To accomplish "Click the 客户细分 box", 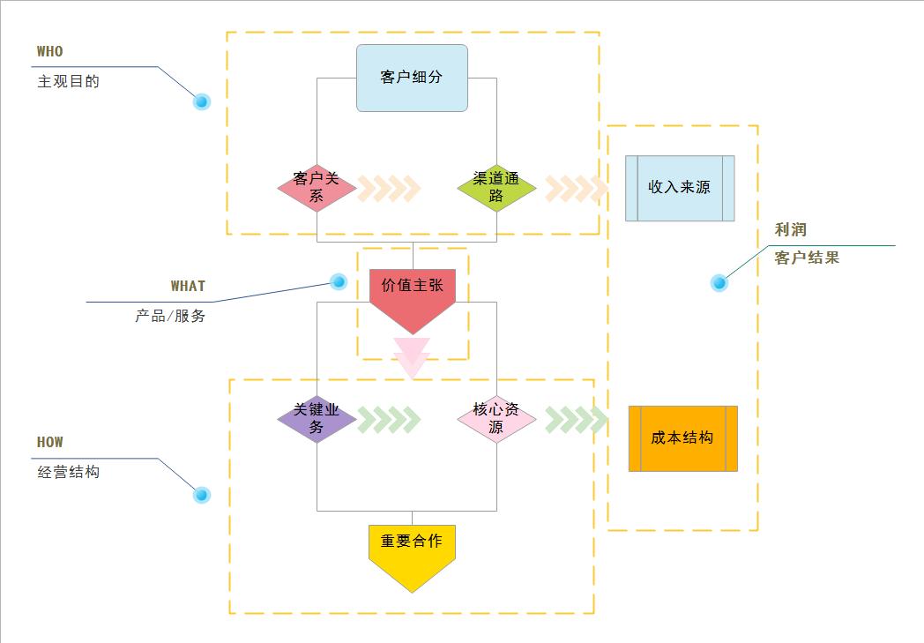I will [x=412, y=78].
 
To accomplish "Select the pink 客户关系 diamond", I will [x=317, y=188].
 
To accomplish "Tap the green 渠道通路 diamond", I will [x=496, y=188].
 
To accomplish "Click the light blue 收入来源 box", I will [x=680, y=188].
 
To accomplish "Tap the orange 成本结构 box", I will [x=682, y=438].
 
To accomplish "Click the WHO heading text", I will [x=50, y=52].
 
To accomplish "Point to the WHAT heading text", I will [x=188, y=287].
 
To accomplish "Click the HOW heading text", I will [x=50, y=443].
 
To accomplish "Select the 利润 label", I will [x=791, y=230].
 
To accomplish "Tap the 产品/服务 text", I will [x=170, y=316].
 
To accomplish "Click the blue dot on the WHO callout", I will [x=202, y=101].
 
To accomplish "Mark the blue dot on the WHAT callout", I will [x=338, y=281].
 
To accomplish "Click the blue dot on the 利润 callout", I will [x=719, y=283].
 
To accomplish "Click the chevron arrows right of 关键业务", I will [x=389, y=420].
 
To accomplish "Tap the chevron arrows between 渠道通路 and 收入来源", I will [x=576, y=188].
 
